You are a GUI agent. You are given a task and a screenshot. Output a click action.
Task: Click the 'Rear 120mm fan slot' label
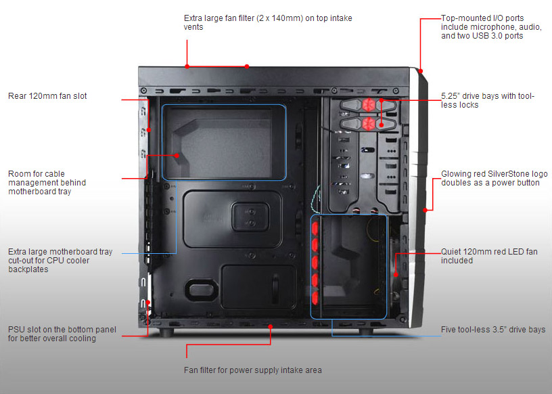point(47,96)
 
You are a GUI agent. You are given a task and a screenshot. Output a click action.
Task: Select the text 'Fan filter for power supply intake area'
point(252,370)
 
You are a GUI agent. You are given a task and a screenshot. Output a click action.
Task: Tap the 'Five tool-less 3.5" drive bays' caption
point(492,330)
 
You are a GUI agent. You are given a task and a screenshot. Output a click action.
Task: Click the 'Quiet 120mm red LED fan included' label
point(488,256)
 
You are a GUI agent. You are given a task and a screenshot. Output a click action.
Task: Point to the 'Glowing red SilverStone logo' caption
point(494,174)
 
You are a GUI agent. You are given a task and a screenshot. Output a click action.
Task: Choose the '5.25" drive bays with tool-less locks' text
point(487,100)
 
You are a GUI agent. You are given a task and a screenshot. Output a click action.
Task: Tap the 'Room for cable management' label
point(47,183)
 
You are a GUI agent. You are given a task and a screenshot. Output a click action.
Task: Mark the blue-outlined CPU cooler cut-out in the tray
point(225,142)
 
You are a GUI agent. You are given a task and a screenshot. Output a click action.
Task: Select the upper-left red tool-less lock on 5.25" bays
point(369,104)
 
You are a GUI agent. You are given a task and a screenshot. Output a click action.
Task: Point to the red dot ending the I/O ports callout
point(420,70)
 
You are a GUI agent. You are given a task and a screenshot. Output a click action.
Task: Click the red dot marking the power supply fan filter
point(271,326)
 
